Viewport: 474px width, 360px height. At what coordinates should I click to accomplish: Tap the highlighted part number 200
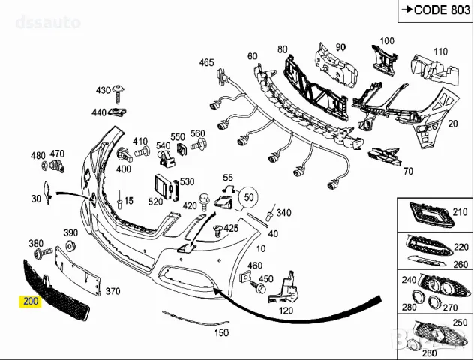(x=31, y=301)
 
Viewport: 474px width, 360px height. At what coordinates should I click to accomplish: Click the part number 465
(x=206, y=62)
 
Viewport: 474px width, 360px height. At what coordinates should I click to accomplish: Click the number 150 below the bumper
(x=221, y=331)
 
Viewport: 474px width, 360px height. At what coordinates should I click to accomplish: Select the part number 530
(x=187, y=181)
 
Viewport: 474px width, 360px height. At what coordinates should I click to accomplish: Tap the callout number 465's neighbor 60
(x=252, y=56)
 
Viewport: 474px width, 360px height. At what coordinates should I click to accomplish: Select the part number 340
(x=283, y=213)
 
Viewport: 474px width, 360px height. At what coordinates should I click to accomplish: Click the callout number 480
(x=37, y=156)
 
